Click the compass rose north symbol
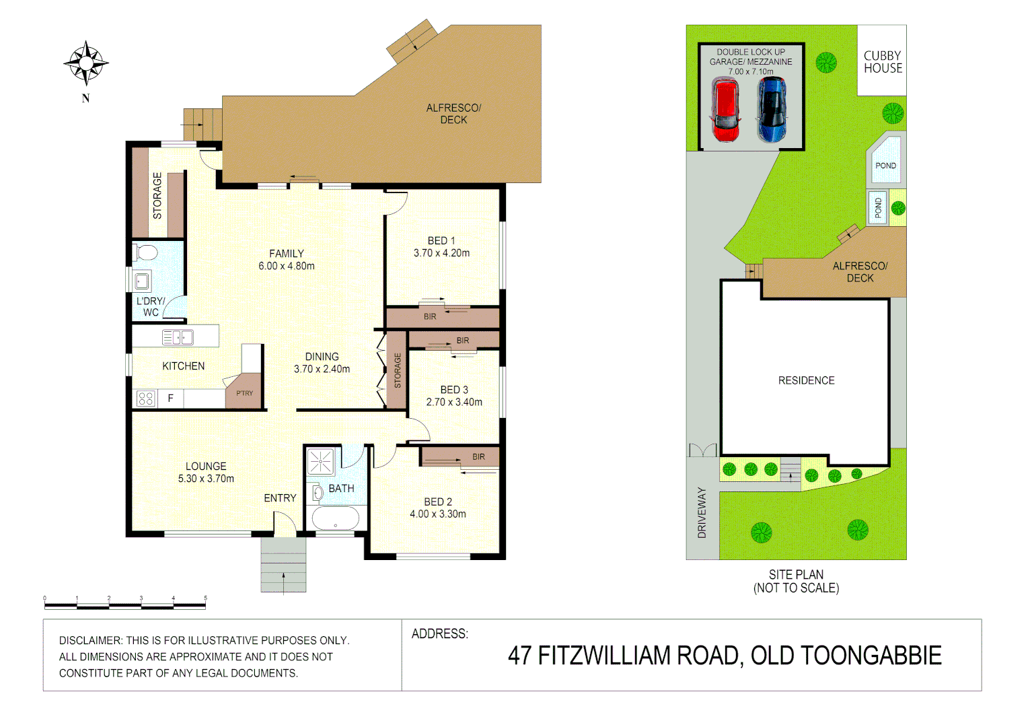tap(86, 63)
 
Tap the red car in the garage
tap(725, 110)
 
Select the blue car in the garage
tap(772, 110)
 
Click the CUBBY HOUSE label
tap(883, 62)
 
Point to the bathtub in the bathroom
tap(336, 519)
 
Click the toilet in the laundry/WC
tap(146, 253)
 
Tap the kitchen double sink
tap(178, 337)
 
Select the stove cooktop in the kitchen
tap(146, 399)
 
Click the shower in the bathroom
tap(321, 462)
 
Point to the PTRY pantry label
tap(244, 393)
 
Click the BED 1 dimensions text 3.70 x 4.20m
tap(441, 253)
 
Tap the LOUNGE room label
tap(206, 466)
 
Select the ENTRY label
tap(280, 498)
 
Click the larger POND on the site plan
tap(885, 162)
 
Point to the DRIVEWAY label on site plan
tap(702, 512)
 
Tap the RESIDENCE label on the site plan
tap(806, 380)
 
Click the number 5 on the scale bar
tap(205, 598)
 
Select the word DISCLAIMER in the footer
tap(91, 640)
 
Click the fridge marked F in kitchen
tap(170, 399)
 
